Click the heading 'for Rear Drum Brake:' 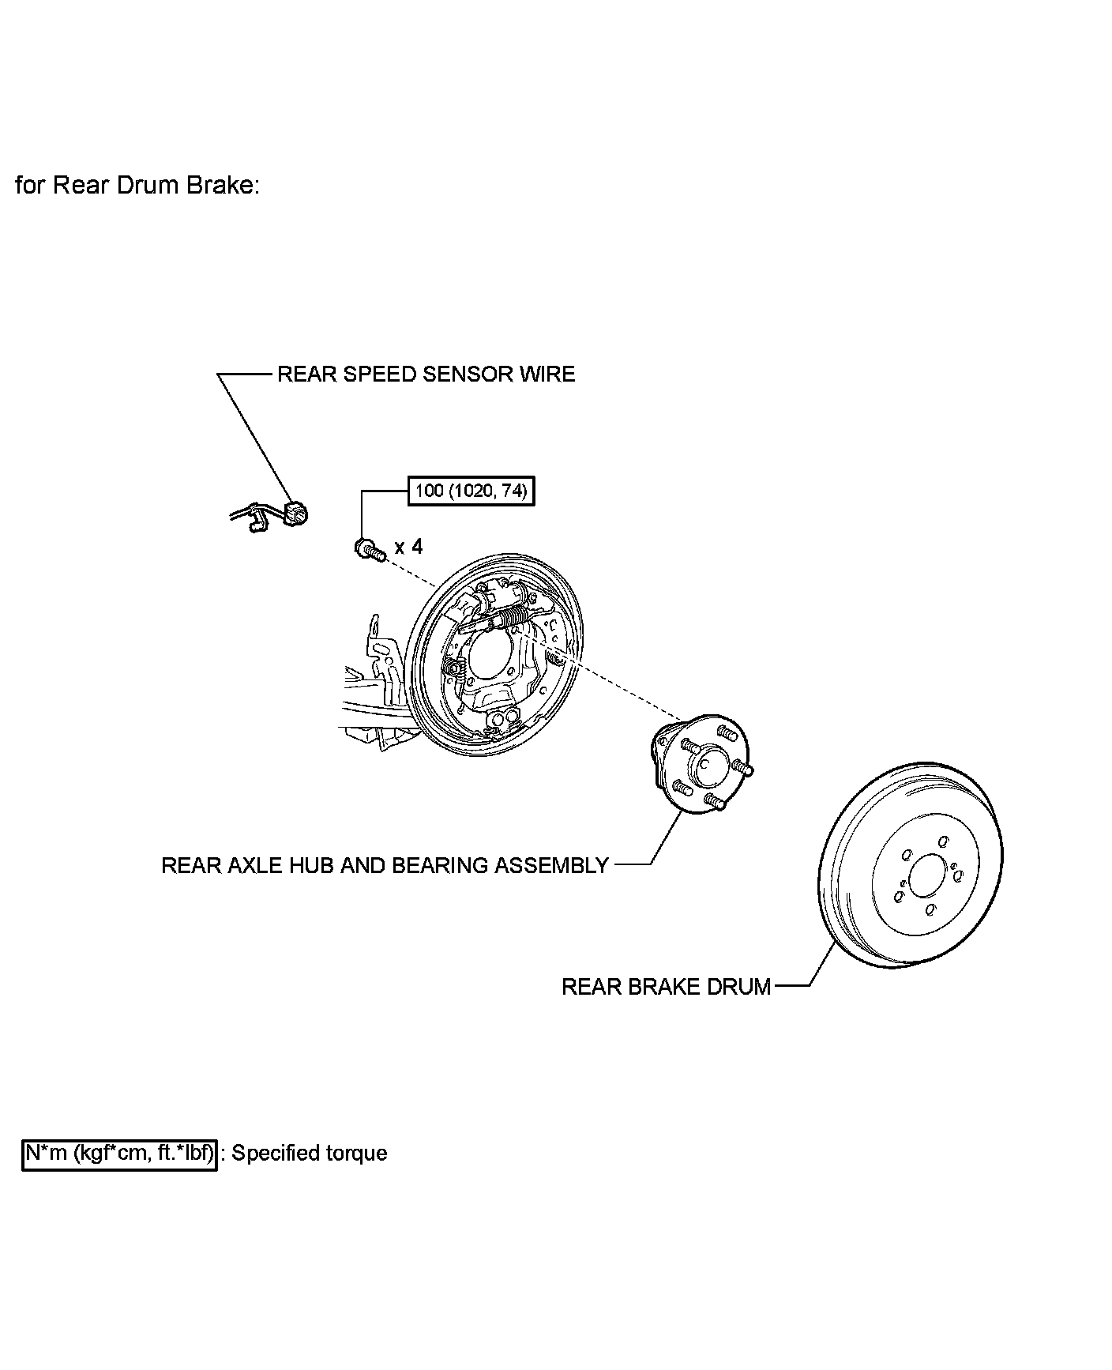(137, 186)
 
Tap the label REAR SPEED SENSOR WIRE (426, 374)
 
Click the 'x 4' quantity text (408, 546)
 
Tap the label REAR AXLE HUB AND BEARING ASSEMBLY (385, 865)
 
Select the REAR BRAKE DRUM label (666, 987)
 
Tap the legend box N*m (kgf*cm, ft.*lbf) (119, 1154)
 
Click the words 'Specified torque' (310, 1154)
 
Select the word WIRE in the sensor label (547, 374)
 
